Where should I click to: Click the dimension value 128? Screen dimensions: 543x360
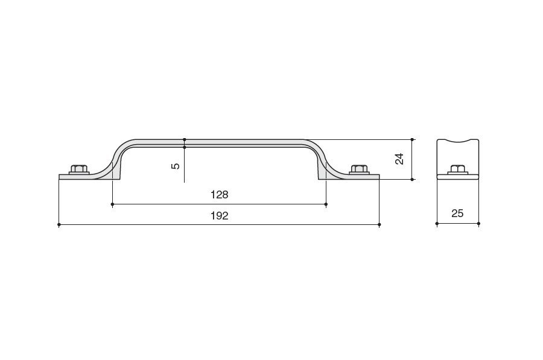[220, 195]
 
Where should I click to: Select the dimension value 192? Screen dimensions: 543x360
[220, 216]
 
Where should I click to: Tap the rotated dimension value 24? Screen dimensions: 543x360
[399, 159]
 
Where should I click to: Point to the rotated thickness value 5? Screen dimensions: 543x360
[176, 166]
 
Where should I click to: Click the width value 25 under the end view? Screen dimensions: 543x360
[457, 213]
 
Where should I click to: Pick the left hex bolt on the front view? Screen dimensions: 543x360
[79, 169]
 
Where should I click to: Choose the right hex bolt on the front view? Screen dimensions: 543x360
[359, 169]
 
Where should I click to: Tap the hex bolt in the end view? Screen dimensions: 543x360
[458, 169]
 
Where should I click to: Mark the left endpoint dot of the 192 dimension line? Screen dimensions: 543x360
[59, 225]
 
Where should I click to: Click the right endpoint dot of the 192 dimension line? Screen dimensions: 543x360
[379, 225]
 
